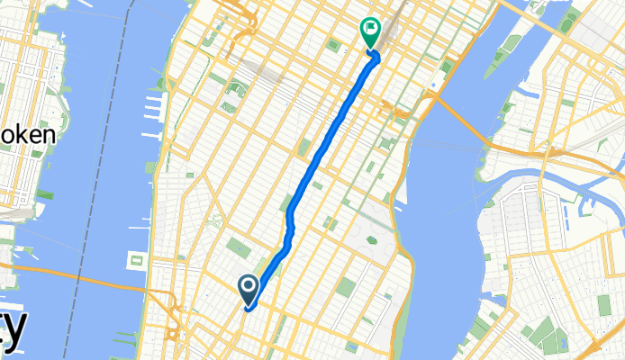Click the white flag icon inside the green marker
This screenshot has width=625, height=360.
371,29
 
